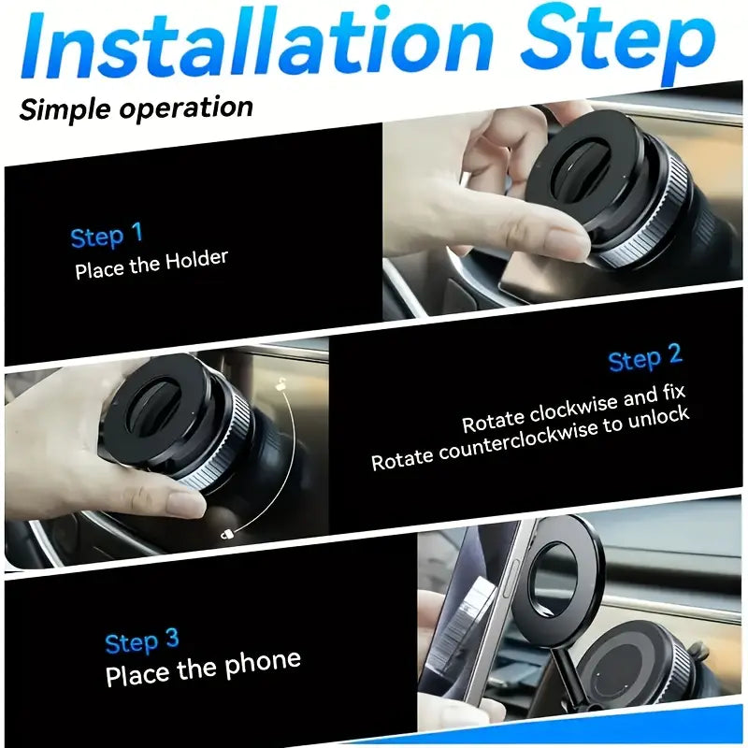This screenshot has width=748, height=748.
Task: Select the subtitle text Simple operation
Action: [x=137, y=108]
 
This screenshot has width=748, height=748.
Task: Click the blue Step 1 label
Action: [x=107, y=236]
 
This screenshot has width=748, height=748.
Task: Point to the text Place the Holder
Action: [x=151, y=264]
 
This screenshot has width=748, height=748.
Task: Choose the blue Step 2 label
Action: [x=644, y=358]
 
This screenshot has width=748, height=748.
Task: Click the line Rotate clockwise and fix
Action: [x=574, y=409]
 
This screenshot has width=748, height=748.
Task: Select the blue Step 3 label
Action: [x=141, y=641]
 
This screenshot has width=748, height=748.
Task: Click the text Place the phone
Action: [x=203, y=669]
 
